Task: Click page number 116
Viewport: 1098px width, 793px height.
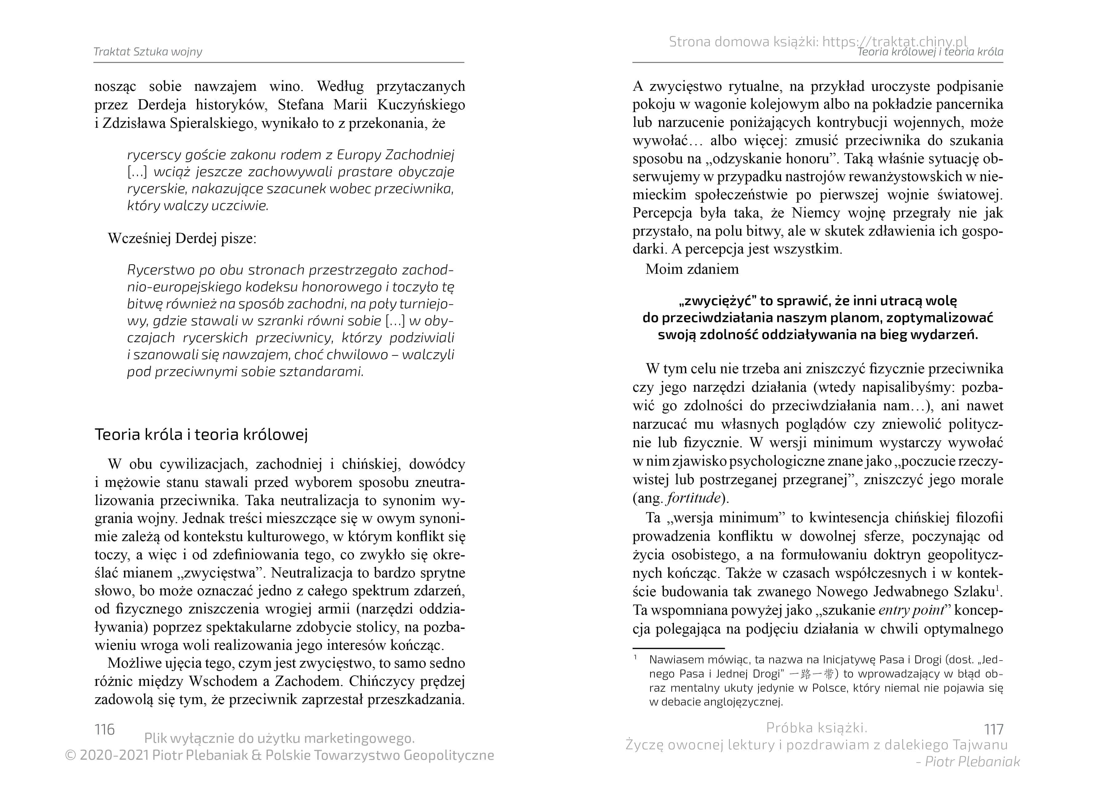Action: pos(105,730)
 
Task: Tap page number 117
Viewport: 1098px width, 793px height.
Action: pos(993,730)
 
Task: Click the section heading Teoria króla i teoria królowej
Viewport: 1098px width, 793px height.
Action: pos(201,435)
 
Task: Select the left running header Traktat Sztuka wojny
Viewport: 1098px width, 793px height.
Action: pos(148,52)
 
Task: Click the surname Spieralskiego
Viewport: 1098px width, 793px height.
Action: pos(212,123)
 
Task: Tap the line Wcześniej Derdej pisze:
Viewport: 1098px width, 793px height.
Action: pos(182,238)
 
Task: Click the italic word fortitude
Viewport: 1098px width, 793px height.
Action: pos(694,498)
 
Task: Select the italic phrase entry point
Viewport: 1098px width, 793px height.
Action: pos(911,610)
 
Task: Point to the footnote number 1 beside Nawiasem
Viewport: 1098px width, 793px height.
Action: pos(635,657)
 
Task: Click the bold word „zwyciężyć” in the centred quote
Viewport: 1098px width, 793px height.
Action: pos(717,301)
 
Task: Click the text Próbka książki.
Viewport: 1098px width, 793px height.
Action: pos(817,728)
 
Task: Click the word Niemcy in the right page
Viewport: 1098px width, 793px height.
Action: pos(816,213)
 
